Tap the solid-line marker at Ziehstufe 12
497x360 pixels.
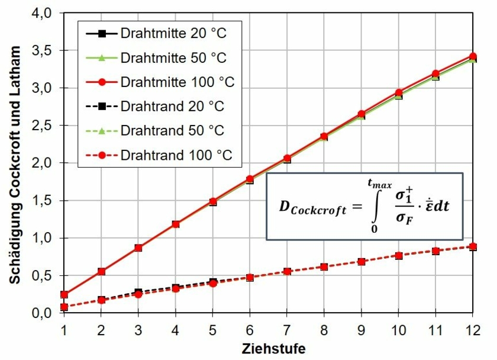(x=472, y=57)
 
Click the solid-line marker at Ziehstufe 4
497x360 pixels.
(x=175, y=224)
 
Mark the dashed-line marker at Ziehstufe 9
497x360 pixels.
(x=361, y=261)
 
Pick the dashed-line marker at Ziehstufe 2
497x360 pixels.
(x=101, y=300)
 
